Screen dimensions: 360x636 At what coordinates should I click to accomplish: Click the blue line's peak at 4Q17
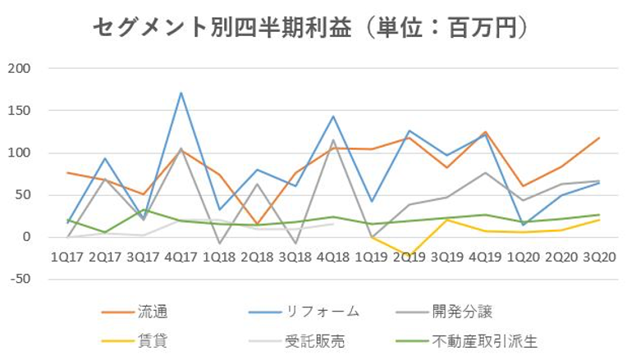click(181, 93)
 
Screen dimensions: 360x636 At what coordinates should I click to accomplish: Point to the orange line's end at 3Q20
click(598, 138)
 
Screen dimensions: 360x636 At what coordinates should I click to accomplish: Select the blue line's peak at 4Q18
click(333, 116)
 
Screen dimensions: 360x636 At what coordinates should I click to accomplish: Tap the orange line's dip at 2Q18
click(257, 224)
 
